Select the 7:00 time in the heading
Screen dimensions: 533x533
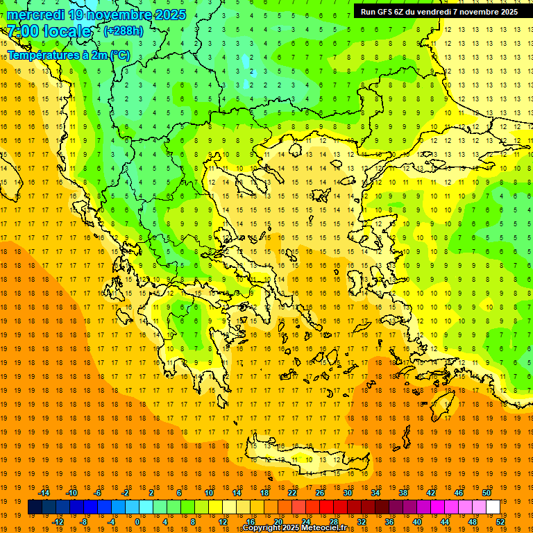[x=21, y=31]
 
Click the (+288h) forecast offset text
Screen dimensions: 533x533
[x=124, y=31]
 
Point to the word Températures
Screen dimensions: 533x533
[x=41, y=55]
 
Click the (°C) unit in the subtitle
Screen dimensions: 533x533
[x=119, y=55]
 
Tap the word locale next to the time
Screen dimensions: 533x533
[x=67, y=31]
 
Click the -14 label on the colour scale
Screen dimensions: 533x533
[x=44, y=493]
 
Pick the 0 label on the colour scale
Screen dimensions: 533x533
[x=137, y=522]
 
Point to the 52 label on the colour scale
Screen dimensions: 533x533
[x=500, y=522]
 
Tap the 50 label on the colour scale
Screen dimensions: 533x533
[x=487, y=493]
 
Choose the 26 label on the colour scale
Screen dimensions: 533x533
[x=320, y=493]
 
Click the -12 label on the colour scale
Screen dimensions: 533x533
[x=58, y=522]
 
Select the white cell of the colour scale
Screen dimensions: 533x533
[x=493, y=507]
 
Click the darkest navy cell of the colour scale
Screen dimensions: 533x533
[x=35, y=507]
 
